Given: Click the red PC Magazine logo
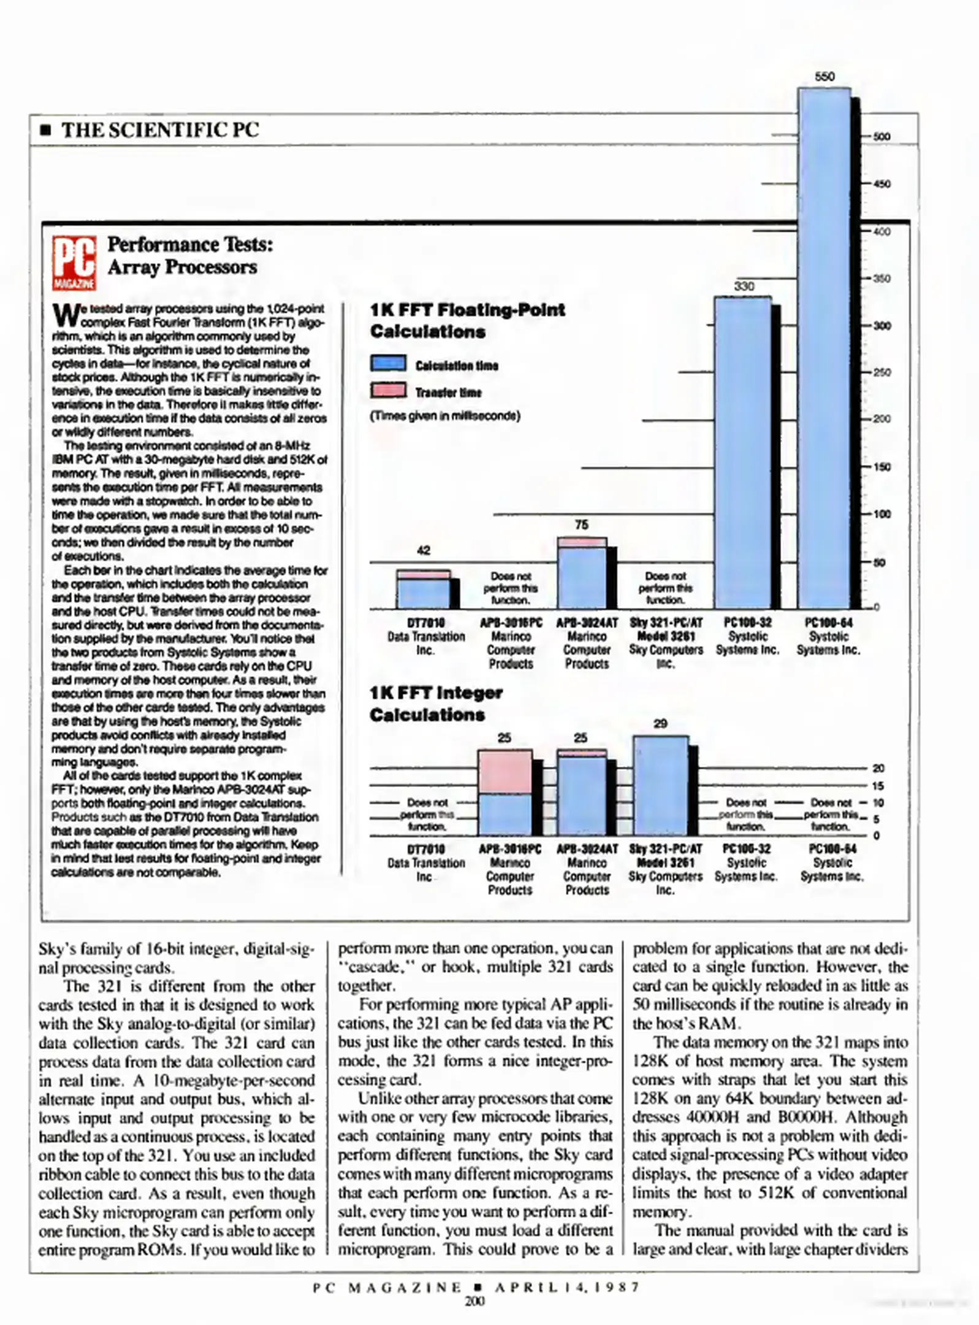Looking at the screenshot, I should pos(74,263).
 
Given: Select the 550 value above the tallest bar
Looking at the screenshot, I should pos(824,77).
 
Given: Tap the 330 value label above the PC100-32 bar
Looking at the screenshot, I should pos(744,286).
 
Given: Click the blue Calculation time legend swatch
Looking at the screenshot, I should pos(387,363).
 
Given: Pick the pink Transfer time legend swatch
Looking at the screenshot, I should pos(387,390).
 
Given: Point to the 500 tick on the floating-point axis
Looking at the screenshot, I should pos(882,137).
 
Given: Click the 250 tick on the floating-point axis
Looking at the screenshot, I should pos(882,372).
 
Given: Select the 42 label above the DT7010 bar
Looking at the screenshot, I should pos(423,550).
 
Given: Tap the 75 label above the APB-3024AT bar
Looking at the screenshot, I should pos(581,524).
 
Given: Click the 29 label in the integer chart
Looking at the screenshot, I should pos(660,724).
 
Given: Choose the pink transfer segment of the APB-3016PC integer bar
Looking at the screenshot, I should pos(505,772).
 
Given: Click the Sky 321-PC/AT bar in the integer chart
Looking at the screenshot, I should pos(660,785).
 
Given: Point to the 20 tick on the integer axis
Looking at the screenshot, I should pos(878,768).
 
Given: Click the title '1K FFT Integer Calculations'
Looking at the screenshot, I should pos(436,704).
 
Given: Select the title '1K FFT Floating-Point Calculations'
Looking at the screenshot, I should pos(467,320).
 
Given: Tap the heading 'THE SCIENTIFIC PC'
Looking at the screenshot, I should pos(160,130).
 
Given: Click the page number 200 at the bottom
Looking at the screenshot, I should pos(474,1300).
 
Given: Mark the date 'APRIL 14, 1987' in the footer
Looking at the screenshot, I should pos(567,1287).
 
